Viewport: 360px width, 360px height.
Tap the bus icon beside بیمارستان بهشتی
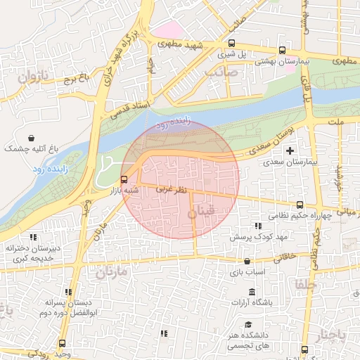point(282,51)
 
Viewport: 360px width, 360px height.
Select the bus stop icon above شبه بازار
point(124,179)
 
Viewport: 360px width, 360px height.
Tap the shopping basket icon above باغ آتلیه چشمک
point(32,138)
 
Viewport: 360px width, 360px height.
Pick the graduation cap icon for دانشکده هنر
point(247,324)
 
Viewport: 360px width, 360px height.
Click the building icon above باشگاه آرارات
point(252,292)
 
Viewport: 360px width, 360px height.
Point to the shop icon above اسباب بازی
point(247,260)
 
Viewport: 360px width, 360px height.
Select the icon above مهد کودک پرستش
point(258,226)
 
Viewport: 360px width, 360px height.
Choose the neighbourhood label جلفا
point(307,284)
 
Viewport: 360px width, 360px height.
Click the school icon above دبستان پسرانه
point(68,292)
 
